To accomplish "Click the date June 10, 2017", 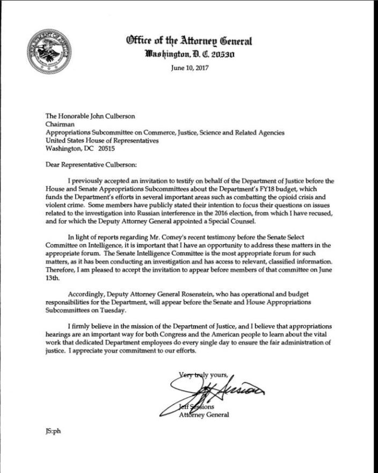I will [x=189, y=68].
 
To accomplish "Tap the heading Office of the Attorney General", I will [x=188, y=41].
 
